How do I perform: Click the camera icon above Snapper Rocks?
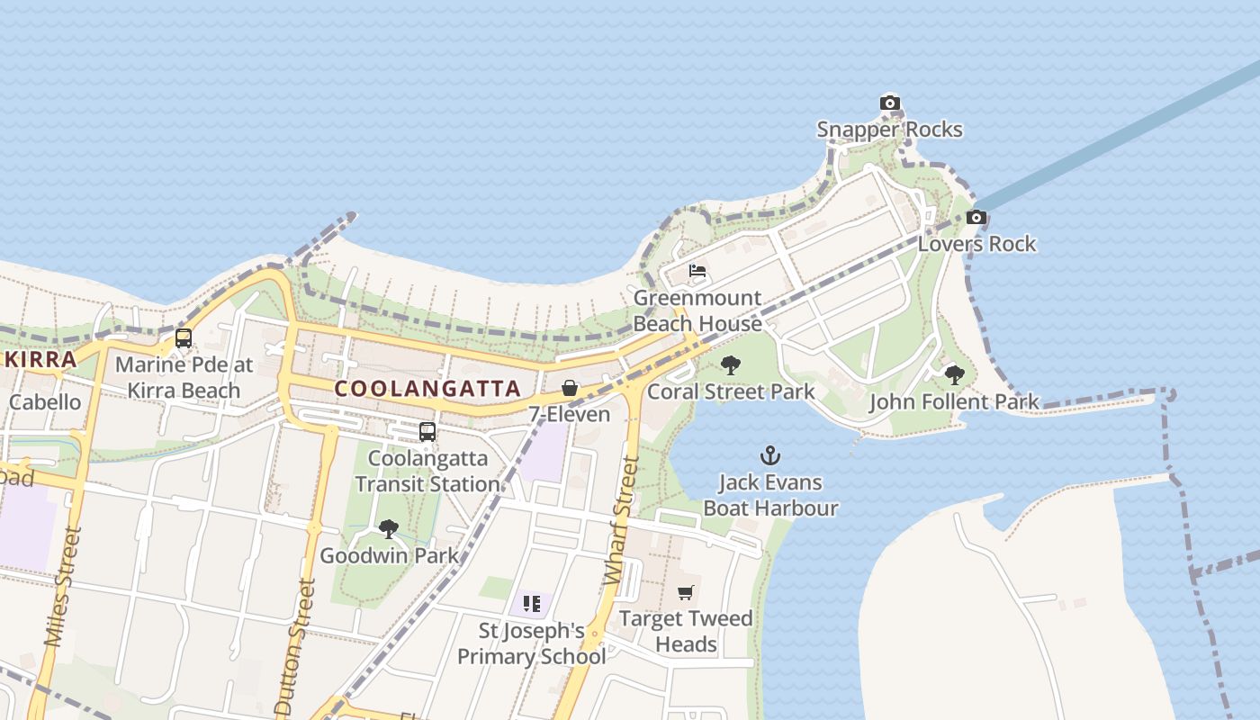(889, 103)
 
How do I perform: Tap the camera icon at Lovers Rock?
(976, 217)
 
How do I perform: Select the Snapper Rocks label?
(889, 130)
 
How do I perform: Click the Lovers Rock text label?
(976, 244)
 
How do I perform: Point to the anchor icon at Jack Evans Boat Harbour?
(770, 455)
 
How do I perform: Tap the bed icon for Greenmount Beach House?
(697, 271)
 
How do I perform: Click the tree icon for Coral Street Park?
(731, 365)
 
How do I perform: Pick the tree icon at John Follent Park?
(954, 375)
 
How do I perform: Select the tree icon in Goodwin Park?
(389, 529)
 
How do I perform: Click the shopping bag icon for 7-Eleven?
(570, 388)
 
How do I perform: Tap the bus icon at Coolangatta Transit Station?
(427, 432)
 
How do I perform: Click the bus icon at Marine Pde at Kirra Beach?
(184, 338)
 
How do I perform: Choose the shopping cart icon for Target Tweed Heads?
(686, 592)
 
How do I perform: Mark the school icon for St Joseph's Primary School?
(531, 604)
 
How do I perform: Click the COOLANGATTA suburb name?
(427, 389)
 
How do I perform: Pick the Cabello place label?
(44, 401)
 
